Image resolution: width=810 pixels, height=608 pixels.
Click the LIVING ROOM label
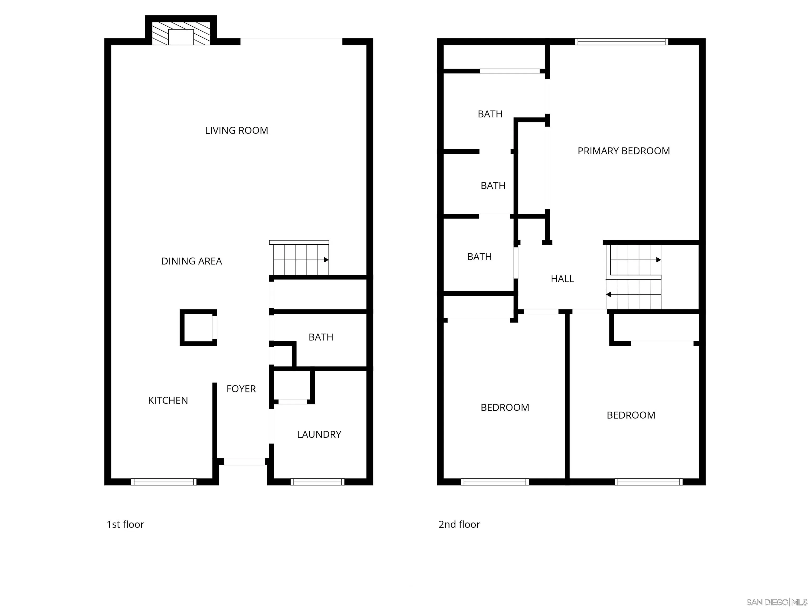[x=236, y=130]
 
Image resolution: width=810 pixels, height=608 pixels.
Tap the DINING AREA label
[x=191, y=261]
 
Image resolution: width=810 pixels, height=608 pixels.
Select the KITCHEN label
[x=168, y=401]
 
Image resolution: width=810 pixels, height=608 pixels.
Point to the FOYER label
[x=241, y=389]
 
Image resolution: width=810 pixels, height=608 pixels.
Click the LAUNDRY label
[x=319, y=435]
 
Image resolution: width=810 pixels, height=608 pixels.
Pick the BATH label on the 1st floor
[x=321, y=337]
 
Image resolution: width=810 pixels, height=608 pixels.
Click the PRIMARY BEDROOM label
[x=624, y=151]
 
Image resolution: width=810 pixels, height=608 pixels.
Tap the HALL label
[x=562, y=279]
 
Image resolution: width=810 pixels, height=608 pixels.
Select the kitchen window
[x=164, y=482]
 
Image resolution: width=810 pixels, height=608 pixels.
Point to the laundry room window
[x=317, y=482]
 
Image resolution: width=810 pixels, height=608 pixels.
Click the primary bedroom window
[x=621, y=42]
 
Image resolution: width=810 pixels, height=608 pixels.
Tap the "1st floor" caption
[x=125, y=524]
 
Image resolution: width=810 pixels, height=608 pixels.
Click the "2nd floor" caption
[x=459, y=524]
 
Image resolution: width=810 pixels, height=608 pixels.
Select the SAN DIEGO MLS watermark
[x=776, y=602]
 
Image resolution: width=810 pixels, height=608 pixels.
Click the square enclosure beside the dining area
[x=198, y=328]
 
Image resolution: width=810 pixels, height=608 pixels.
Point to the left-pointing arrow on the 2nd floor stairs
[x=609, y=294]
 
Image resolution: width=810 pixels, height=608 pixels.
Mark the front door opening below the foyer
[x=244, y=462]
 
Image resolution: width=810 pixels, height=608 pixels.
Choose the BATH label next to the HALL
[x=479, y=257]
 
